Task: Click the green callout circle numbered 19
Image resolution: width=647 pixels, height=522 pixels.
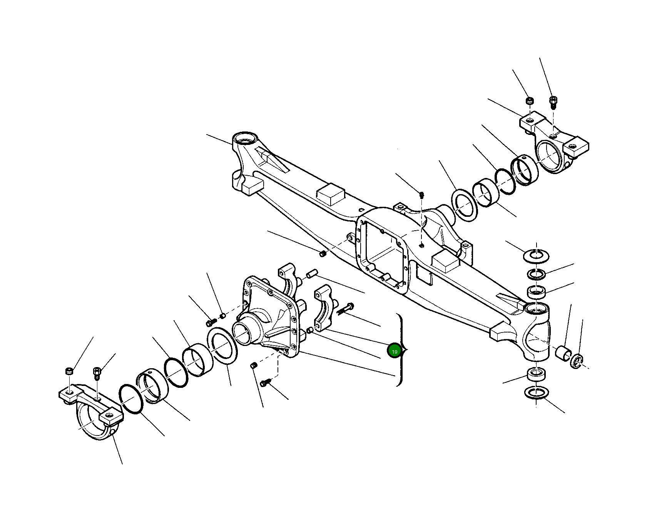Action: [394, 351]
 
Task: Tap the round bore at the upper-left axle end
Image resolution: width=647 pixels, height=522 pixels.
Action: [245, 138]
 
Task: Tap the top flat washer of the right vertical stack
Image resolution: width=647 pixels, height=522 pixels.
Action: [537, 255]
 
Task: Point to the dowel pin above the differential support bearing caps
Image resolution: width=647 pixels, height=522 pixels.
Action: [311, 274]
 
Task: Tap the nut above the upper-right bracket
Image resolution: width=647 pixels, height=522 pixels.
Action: [530, 101]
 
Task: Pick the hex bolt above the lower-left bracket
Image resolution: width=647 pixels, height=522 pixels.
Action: [97, 372]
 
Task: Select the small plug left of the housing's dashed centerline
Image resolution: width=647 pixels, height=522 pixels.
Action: [323, 254]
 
